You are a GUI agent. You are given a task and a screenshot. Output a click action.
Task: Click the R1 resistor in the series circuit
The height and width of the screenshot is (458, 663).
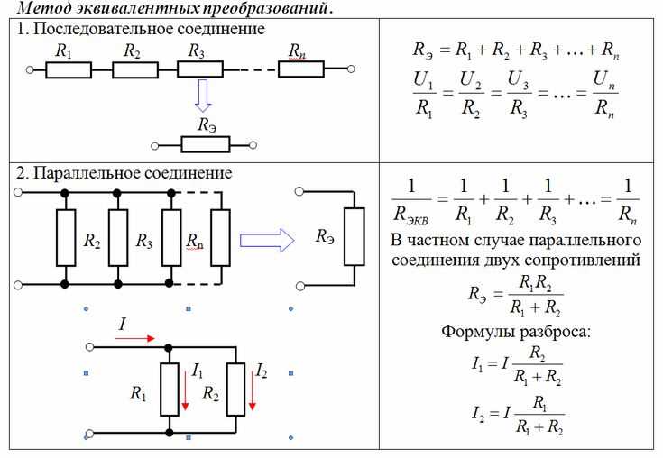(x=69, y=69)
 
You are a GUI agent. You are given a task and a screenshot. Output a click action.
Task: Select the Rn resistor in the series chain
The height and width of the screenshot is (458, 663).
(x=301, y=69)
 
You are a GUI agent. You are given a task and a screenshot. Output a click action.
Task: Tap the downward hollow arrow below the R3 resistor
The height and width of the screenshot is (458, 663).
(x=203, y=96)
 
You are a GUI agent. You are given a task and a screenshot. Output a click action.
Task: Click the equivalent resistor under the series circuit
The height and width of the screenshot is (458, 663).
(x=206, y=144)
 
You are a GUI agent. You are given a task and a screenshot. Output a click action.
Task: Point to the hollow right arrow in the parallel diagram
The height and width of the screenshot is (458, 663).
(x=267, y=241)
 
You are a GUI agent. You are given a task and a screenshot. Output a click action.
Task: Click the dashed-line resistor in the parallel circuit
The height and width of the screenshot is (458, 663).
(x=220, y=237)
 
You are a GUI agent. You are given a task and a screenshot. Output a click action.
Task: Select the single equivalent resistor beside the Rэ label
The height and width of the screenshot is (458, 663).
(x=355, y=236)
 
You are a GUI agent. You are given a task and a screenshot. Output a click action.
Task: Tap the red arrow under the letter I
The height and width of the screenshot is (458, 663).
(x=135, y=338)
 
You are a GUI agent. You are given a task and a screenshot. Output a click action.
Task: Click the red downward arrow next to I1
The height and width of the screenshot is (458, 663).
(x=185, y=390)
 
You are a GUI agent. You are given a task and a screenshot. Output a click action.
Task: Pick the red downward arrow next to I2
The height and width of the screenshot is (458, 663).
(x=252, y=390)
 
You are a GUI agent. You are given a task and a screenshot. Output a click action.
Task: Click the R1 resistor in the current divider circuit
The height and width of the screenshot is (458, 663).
(x=170, y=389)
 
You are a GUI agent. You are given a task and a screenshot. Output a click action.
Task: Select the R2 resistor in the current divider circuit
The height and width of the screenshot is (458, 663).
(x=236, y=389)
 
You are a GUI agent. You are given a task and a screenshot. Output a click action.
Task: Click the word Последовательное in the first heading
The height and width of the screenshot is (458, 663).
(x=103, y=29)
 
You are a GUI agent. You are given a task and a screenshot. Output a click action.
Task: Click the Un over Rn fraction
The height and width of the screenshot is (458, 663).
(x=604, y=94)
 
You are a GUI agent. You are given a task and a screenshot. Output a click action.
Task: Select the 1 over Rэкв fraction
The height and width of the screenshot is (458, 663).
(x=411, y=202)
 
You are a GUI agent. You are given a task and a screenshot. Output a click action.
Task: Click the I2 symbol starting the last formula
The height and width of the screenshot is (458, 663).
(x=478, y=413)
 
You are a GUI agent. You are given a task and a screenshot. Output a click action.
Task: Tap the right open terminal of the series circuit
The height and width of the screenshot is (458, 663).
(x=351, y=69)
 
